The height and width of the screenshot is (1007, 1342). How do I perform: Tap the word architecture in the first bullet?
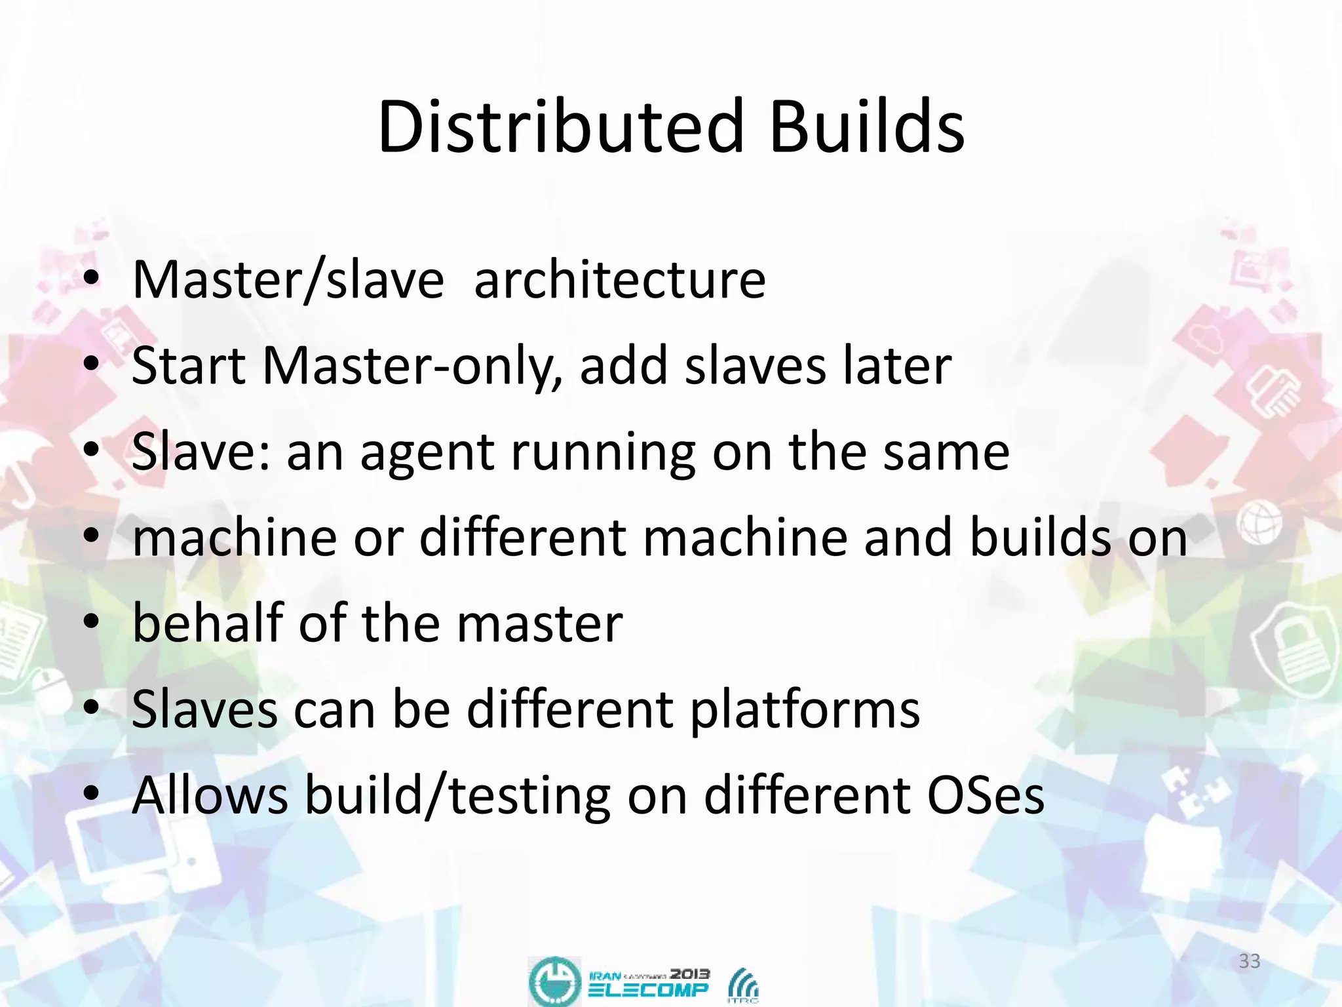619,281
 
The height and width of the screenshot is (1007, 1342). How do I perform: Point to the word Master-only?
412,366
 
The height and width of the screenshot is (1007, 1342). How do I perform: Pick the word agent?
427,452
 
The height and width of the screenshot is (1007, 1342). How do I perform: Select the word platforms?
805,709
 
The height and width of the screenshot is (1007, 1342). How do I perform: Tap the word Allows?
210,795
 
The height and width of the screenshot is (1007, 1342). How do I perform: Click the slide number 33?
1250,961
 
